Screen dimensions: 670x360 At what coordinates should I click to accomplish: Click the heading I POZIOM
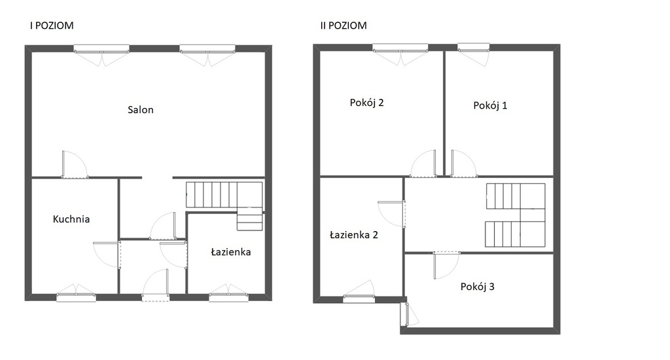pos(52,26)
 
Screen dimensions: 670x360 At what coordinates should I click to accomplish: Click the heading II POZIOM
pos(344,26)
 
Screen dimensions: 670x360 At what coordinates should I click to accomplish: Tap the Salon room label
pos(141,110)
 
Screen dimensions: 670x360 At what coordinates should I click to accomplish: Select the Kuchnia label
pos(71,219)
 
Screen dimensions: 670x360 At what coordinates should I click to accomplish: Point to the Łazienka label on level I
pos(231,252)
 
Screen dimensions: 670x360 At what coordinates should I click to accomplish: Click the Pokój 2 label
pos(366,103)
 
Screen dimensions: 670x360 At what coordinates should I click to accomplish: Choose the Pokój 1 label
pos(490,105)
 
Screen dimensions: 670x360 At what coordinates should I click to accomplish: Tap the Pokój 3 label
pos(477,287)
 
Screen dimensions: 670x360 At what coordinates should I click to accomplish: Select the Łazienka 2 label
pos(354,235)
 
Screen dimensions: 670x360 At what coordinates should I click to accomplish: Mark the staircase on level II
pos(516,215)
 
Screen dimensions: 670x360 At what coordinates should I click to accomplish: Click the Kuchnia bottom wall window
pos(76,295)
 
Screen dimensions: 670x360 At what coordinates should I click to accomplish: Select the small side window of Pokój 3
pos(404,315)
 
